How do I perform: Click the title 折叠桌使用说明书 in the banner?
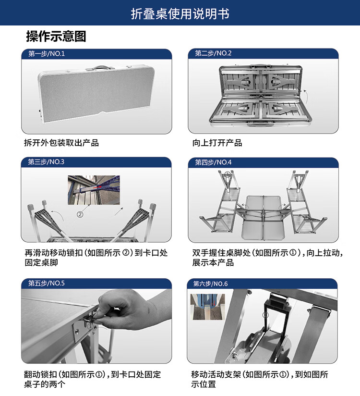(180, 13)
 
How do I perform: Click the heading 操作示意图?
(56, 36)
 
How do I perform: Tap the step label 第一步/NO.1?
(47, 53)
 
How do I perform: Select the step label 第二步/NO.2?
(213, 53)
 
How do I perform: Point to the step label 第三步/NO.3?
(46, 161)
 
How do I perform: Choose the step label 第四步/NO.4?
(213, 162)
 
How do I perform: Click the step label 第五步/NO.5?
(47, 283)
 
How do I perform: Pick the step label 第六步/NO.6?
(210, 284)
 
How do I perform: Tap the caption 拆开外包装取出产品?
(61, 143)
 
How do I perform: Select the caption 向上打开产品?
(217, 143)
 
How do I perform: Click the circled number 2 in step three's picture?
(80, 214)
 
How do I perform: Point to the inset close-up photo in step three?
(94, 190)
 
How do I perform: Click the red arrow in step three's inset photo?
(97, 187)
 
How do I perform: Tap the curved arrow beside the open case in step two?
(306, 96)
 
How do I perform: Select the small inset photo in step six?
(208, 307)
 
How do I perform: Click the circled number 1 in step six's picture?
(265, 315)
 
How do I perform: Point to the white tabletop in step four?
(263, 217)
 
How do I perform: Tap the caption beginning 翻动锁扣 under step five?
(93, 379)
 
